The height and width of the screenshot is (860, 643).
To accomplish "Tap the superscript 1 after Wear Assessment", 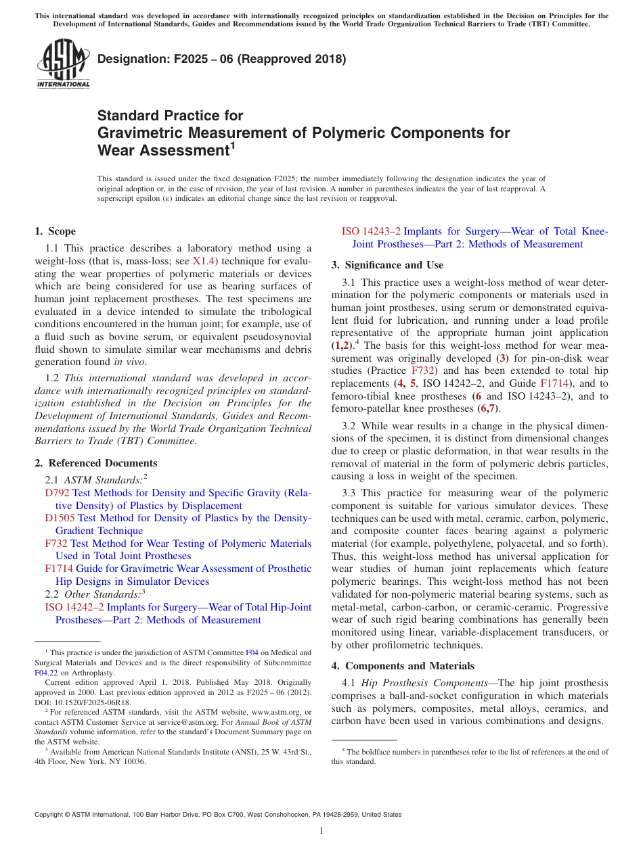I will [x=233, y=144].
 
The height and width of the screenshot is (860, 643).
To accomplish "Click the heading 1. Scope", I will [x=55, y=231].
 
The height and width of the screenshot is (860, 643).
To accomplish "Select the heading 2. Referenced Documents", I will [x=95, y=463].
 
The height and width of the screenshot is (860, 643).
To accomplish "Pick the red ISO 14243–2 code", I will [x=371, y=231].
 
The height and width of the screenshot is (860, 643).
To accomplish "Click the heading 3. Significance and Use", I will [x=387, y=265].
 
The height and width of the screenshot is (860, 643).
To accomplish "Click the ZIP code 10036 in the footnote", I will [x=135, y=761].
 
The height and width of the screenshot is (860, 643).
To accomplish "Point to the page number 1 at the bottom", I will [x=321, y=831].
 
